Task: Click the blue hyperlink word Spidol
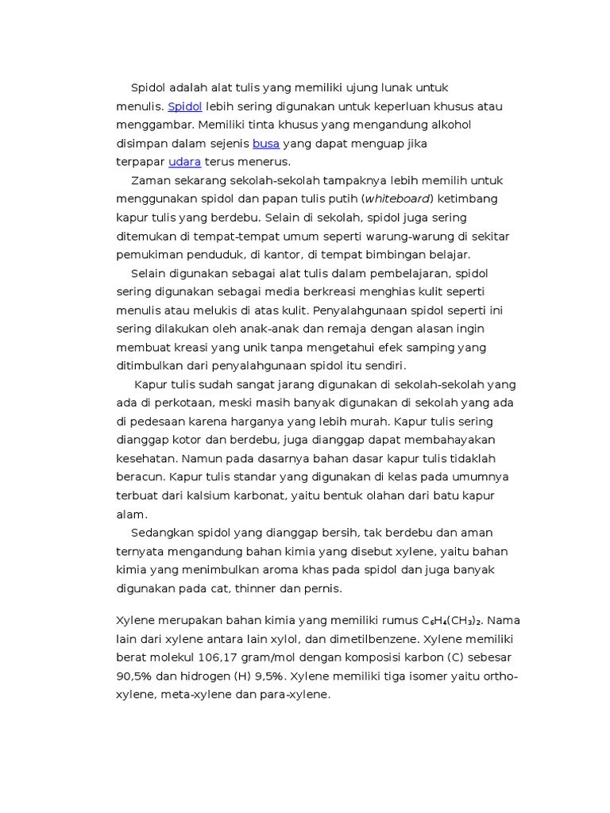tap(185, 106)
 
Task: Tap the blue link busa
tap(266, 144)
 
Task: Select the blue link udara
tap(184, 162)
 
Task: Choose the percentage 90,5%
tap(135, 676)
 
